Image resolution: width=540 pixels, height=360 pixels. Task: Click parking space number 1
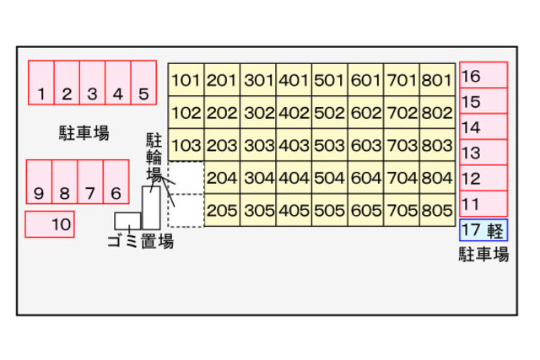[40, 83]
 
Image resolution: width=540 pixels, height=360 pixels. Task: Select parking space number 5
[144, 83]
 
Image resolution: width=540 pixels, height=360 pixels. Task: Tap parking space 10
[49, 224]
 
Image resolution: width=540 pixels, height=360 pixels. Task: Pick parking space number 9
[39, 182]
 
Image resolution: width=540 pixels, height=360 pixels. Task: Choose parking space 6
[116, 182]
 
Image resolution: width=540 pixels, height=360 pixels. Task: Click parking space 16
[483, 76]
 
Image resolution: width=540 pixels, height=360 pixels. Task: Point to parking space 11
[483, 204]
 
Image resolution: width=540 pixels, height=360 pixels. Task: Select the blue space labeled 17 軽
[483, 230]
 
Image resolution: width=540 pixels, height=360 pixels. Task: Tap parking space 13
[483, 153]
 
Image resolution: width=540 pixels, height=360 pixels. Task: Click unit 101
[186, 81]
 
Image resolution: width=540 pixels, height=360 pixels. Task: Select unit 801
[437, 81]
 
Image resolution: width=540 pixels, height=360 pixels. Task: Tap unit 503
[329, 145]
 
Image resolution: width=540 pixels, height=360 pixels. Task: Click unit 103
[186, 145]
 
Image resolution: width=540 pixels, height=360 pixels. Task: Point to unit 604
[365, 178]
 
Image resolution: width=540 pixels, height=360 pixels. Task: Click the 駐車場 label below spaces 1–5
[84, 132]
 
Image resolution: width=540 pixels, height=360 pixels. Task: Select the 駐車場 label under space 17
[483, 254]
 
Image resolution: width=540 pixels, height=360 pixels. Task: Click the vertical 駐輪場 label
[154, 156]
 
